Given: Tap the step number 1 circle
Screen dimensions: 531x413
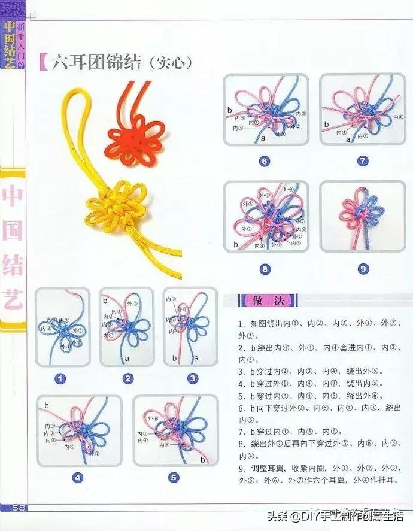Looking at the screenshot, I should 60,378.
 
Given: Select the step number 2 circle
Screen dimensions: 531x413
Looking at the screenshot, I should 127,378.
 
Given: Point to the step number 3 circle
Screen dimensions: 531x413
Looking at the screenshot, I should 192,378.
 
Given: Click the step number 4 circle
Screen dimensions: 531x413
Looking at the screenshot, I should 77,477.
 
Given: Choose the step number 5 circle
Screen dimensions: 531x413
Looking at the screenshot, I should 174,477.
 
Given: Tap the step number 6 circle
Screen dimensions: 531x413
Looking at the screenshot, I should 265,161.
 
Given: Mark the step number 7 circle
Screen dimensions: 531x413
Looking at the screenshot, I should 363,161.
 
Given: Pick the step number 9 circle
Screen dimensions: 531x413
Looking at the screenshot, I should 363,269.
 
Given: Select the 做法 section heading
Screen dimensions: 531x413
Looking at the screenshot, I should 263,299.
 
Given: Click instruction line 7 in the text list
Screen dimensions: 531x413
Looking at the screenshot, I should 290,431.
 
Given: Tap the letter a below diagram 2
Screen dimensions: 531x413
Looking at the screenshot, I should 126,358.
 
